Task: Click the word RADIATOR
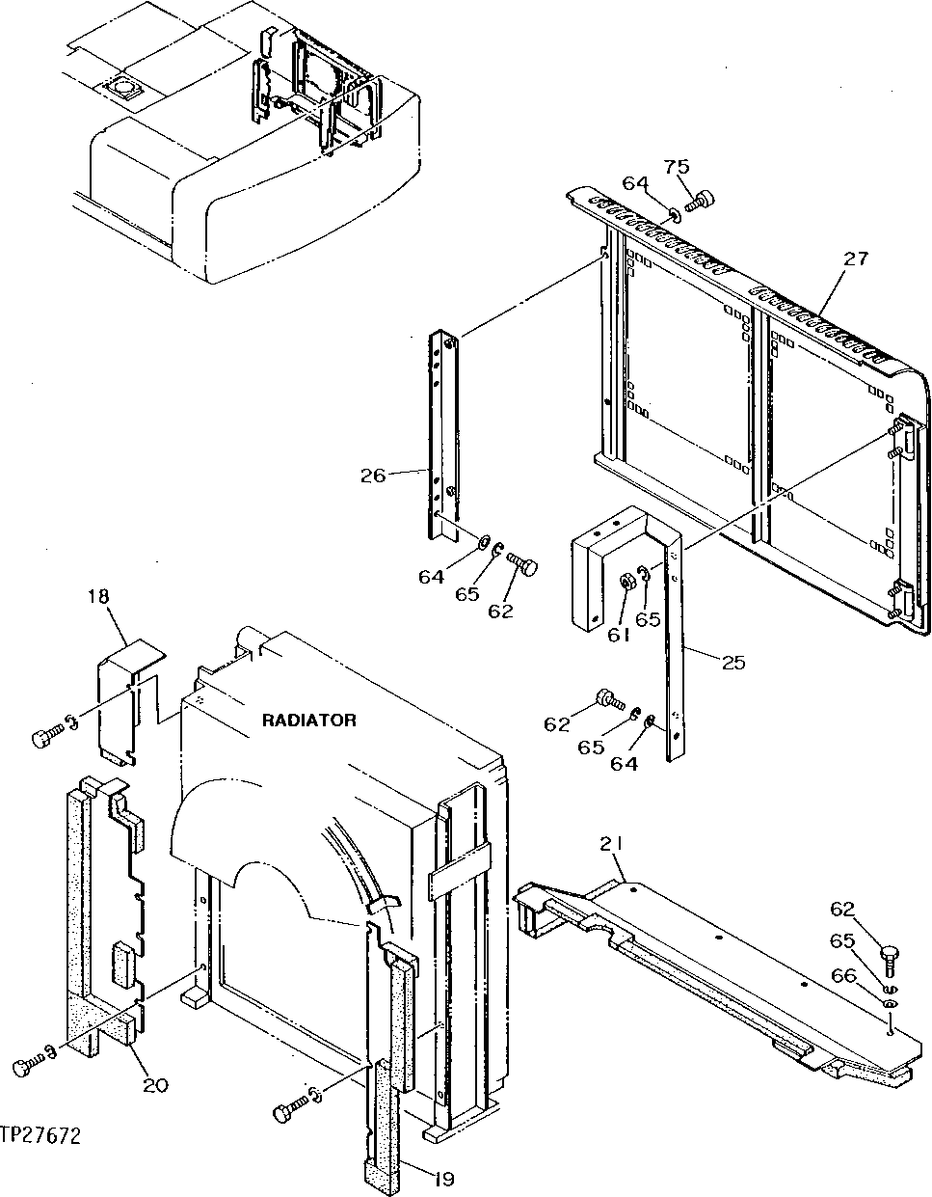(x=308, y=720)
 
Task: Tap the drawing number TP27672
(x=40, y=1136)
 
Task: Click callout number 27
(x=855, y=258)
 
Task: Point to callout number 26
(x=373, y=475)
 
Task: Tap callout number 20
(x=154, y=1085)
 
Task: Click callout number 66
(x=843, y=976)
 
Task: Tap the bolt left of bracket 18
(x=43, y=737)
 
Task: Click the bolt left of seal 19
(x=284, y=1112)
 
